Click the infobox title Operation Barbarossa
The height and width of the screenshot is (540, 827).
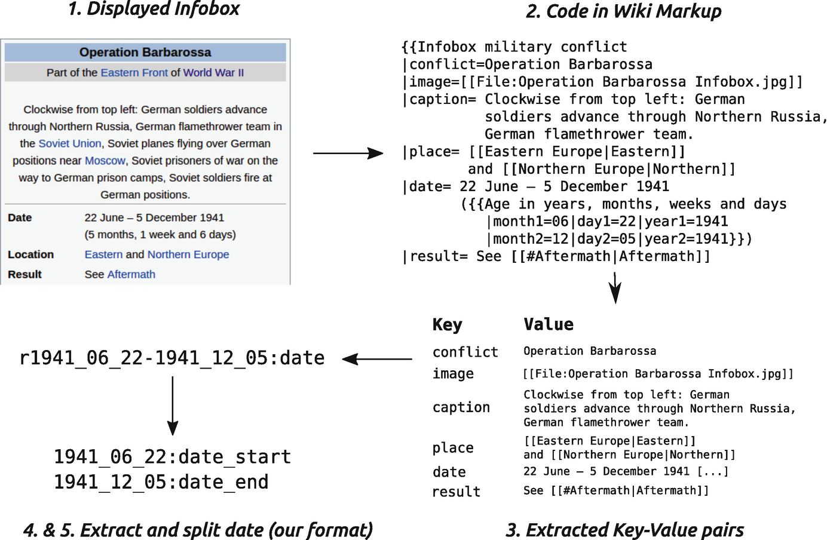pyautogui.click(x=145, y=52)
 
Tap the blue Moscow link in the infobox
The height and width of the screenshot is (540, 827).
pyautogui.click(x=105, y=161)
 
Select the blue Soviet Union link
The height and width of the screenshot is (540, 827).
pyautogui.click(x=70, y=143)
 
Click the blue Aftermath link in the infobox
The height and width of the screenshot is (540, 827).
pyautogui.click(x=131, y=274)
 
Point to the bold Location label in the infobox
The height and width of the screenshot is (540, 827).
pyautogui.click(x=30, y=254)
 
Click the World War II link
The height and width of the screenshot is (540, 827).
pyautogui.click(x=213, y=72)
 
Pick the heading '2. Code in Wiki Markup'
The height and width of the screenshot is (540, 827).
pyautogui.click(x=623, y=11)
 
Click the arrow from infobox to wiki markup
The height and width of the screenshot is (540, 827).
pyautogui.click(x=348, y=154)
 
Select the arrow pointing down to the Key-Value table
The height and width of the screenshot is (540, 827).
pyautogui.click(x=615, y=288)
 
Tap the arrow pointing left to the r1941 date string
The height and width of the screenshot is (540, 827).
pyautogui.click(x=377, y=359)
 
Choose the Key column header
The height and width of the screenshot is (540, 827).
pyautogui.click(x=447, y=324)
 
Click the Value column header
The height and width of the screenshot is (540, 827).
pyautogui.click(x=548, y=324)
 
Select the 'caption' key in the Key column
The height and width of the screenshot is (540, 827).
pyautogui.click(x=461, y=407)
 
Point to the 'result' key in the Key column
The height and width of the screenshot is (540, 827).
pyautogui.click(x=456, y=492)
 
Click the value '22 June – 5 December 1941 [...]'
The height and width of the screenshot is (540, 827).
pyautogui.click(x=626, y=471)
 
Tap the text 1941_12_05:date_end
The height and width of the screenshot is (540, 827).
pyautogui.click(x=161, y=482)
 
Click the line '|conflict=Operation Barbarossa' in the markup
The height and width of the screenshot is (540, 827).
pyautogui.click(x=528, y=65)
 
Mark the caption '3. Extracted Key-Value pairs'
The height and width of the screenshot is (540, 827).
pyautogui.click(x=624, y=530)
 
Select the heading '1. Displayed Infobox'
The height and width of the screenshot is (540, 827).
pyautogui.click(x=154, y=9)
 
